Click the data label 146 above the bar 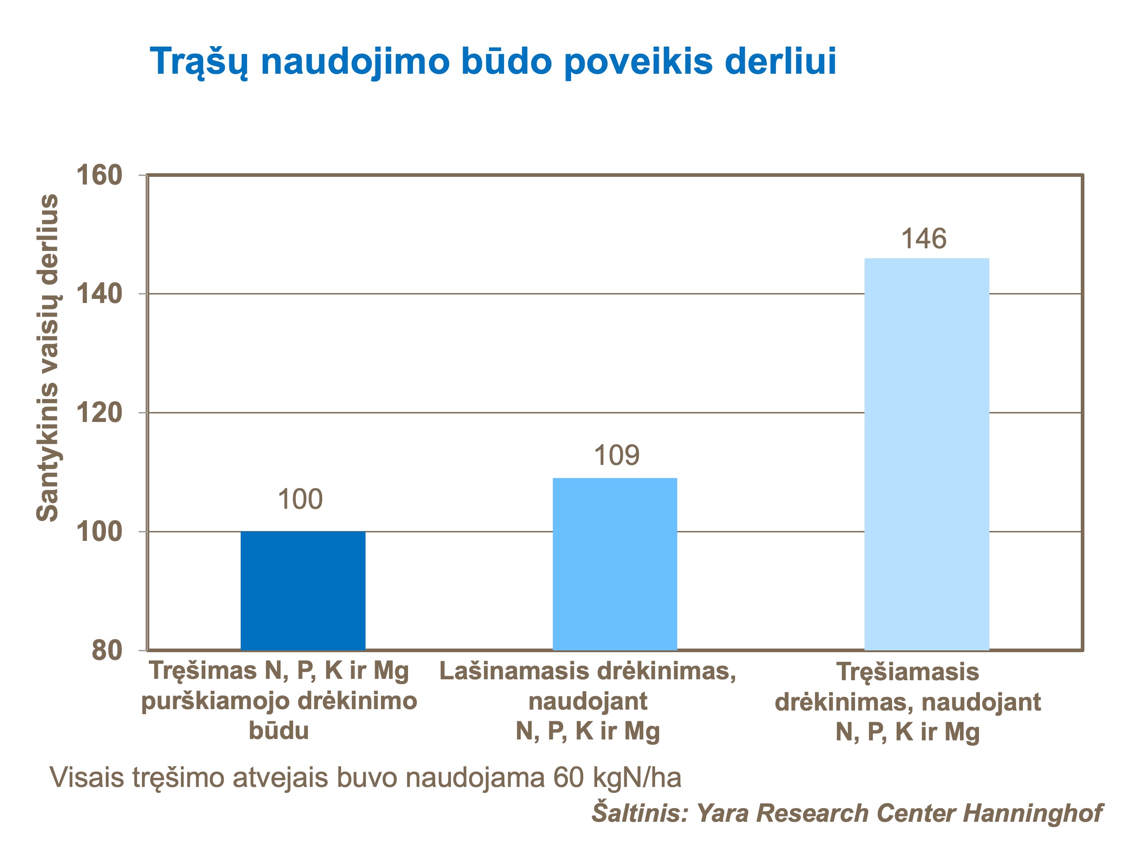coord(923,239)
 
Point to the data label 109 coord(616,455)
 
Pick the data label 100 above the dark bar coord(300,499)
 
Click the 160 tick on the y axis coord(99,175)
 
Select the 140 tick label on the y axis coord(99,294)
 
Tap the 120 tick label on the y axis coord(99,412)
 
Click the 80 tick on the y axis coord(107,650)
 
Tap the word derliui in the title coord(780,61)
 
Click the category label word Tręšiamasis coord(908,672)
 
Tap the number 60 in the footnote coord(568,777)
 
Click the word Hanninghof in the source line coord(1032,813)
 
